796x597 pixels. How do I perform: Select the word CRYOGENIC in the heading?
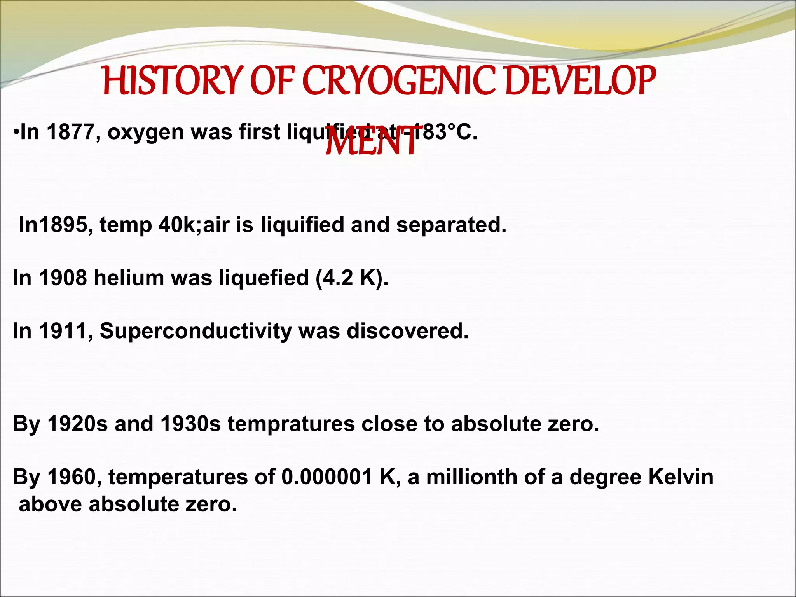coord(398,81)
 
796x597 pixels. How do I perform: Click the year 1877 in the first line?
coord(71,132)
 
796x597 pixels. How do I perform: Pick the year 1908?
coord(63,278)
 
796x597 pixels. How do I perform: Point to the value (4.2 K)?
coord(352,278)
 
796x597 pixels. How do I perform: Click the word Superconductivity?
coord(196,332)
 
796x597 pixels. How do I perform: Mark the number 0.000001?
coord(327,477)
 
